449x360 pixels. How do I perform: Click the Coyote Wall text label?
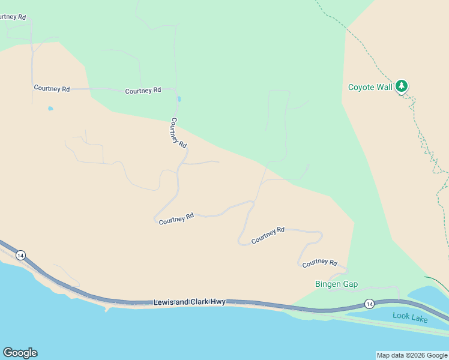tap(370, 87)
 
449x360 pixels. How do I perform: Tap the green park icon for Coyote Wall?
tap(402, 86)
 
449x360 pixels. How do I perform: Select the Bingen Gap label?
tap(336, 284)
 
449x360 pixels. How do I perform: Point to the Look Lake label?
tap(410, 317)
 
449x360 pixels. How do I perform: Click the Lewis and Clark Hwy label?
tap(189, 302)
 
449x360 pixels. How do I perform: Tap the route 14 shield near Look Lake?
tap(369, 304)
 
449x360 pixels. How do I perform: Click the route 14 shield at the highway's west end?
tap(20, 255)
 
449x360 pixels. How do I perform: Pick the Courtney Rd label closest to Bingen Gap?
tap(319, 263)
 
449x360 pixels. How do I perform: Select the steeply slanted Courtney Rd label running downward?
tap(178, 133)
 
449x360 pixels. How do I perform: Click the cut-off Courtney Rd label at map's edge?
tap(13, 17)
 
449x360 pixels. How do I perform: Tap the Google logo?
tap(20, 353)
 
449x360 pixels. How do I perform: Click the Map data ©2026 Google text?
tap(412, 355)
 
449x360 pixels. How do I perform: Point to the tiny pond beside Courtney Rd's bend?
tap(179, 99)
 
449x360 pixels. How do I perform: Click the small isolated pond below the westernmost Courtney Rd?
tap(50, 109)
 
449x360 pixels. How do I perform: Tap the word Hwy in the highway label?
tap(218, 302)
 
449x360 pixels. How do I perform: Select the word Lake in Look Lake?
tap(419, 319)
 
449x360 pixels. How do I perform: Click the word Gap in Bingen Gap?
tap(350, 284)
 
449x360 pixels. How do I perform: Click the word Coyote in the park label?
tap(361, 87)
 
